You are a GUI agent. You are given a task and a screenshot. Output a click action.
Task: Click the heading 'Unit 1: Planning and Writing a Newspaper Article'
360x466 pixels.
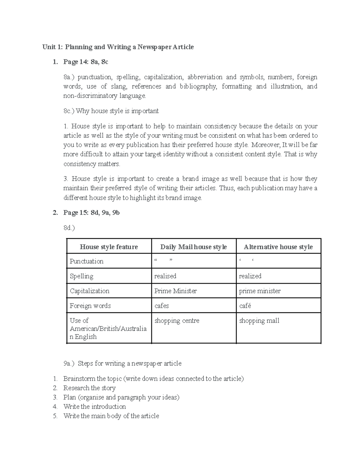coord(118,47)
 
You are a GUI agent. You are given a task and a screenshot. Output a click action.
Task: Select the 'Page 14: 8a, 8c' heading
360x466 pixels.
coord(86,62)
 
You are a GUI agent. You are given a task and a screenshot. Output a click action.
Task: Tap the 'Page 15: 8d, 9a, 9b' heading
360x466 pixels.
coord(91,213)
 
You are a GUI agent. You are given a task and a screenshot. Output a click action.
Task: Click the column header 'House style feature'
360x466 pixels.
coord(109,247)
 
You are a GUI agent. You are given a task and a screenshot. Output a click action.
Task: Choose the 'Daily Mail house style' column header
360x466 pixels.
coord(193,247)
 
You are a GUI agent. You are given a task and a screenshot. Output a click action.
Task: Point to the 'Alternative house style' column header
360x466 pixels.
coord(278,247)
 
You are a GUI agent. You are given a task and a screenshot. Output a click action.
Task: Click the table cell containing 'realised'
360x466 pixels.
coord(165,276)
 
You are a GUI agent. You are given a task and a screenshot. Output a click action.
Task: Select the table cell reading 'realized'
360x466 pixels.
coord(250,276)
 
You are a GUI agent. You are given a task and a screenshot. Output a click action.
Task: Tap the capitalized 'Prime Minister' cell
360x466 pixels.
coord(175,291)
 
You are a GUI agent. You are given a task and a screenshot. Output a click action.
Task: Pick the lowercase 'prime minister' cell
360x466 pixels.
coord(260,291)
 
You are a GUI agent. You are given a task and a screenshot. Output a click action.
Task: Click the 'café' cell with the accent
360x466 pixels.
coord(245,306)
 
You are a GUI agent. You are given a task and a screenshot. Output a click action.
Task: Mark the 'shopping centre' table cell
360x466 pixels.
coord(177,321)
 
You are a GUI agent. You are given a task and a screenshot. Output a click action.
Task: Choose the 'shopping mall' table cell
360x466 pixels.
coord(259,321)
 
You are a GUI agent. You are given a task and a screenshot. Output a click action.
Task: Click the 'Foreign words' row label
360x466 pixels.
coord(90,306)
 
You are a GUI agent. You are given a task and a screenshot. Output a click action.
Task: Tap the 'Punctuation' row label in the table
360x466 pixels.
coord(87,261)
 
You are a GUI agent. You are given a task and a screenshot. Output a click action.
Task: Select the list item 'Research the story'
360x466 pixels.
coord(89,388)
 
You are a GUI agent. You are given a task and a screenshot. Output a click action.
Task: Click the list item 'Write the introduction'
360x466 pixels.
coord(94,407)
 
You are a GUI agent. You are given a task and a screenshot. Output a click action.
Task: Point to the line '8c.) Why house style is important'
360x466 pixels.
coord(111,111)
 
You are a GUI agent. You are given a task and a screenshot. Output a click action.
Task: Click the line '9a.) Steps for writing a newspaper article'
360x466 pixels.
coord(122,364)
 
